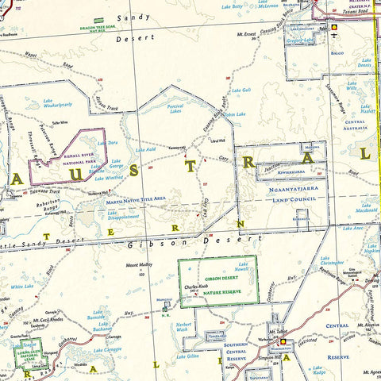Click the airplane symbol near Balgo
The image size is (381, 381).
coord(336,37)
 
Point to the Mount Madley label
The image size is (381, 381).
coord(139,265)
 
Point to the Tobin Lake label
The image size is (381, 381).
coord(234,114)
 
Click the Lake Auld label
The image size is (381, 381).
coord(145,148)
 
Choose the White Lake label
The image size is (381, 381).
coord(22,287)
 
